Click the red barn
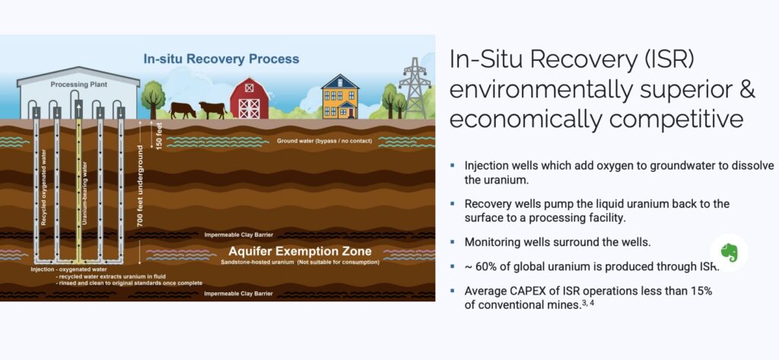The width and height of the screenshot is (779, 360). pos(250,98)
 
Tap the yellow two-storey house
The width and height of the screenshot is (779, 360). pos(340,97)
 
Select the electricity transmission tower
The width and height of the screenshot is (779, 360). pos(415,88)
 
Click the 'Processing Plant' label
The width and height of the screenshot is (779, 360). pos(78,84)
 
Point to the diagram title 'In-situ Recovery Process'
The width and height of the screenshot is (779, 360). pos(221,59)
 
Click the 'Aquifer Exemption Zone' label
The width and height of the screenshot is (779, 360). pos(300,250)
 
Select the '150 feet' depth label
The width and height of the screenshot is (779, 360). pos(159,135)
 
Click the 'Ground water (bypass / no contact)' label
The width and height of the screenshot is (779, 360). pos(324,142)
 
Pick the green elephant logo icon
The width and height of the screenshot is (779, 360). pos(730,253)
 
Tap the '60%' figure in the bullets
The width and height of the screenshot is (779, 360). pos(487,266)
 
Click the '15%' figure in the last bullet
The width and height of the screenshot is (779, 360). pos(701,292)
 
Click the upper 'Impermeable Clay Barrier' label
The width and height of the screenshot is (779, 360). pos(239,234)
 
